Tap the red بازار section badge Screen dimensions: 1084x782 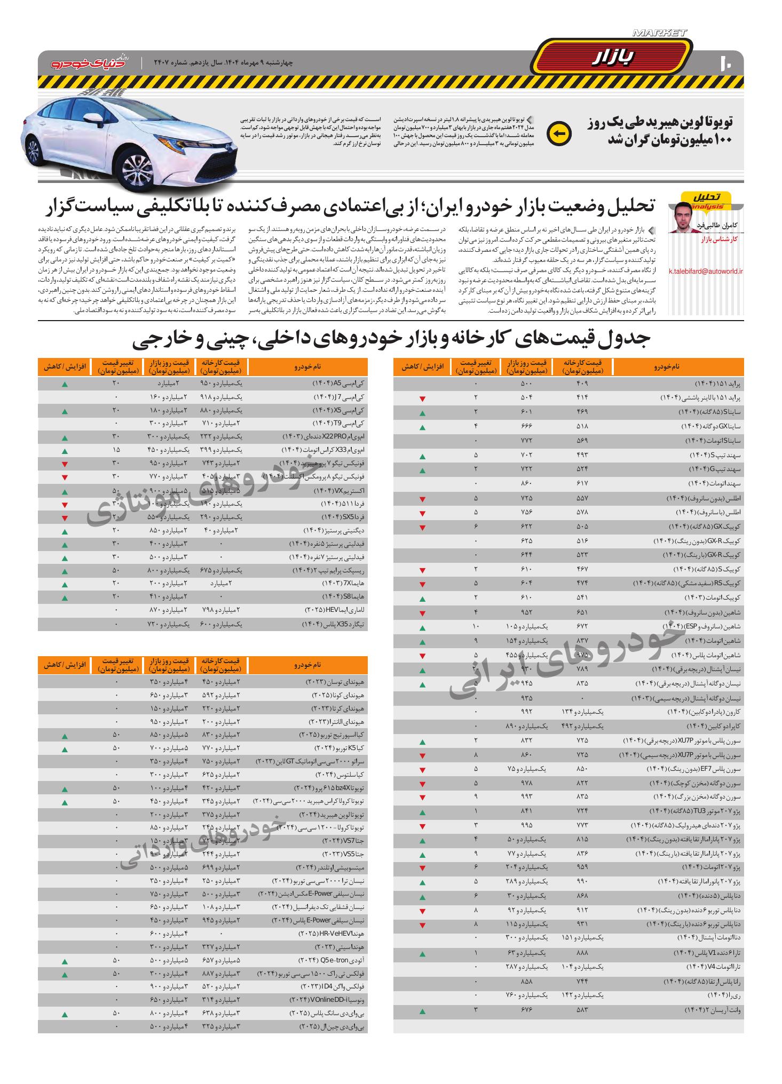(x=612, y=58)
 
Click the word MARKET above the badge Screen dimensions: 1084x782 (x=659, y=33)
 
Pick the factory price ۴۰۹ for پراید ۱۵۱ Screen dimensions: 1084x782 (x=582, y=384)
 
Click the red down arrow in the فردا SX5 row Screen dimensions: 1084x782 (x=65, y=518)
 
